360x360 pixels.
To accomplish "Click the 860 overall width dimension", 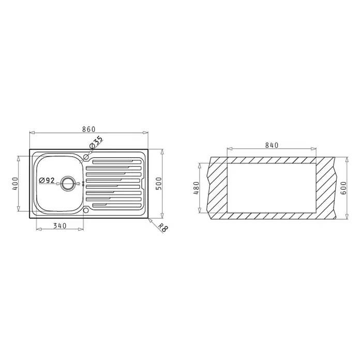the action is tap(89, 129).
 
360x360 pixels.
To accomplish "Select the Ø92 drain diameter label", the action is tap(47, 181).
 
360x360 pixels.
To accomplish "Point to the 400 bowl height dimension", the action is tap(15, 184).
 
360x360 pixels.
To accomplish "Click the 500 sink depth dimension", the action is tap(159, 184).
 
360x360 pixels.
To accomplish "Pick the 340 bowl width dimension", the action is tap(60, 226).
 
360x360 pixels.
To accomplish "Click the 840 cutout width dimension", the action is tap(272, 145).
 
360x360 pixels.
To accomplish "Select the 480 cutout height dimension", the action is tap(197, 188).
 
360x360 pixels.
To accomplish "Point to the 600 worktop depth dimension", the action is tap(343, 188).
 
